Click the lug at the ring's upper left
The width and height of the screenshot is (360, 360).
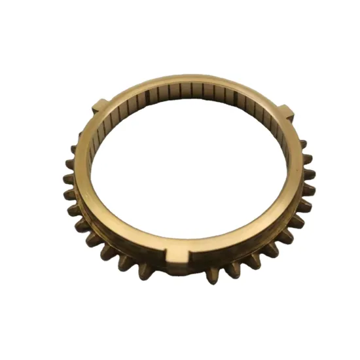[99, 105]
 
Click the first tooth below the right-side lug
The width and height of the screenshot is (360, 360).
[304, 144]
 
